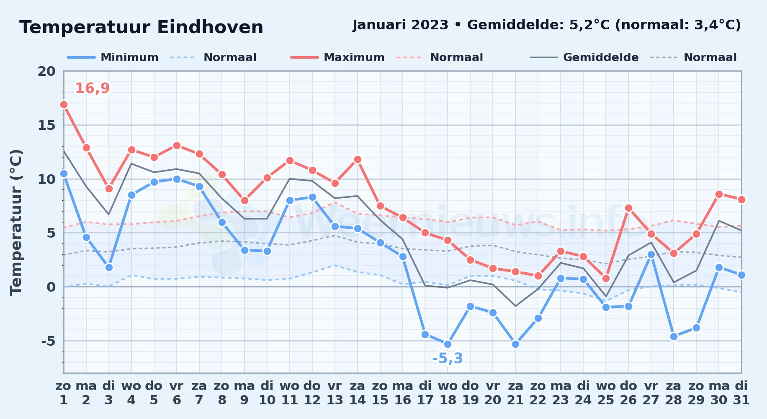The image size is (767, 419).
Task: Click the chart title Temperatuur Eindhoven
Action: tap(142, 27)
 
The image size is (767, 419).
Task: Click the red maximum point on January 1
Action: tap(64, 104)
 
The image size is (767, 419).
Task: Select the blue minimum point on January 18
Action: tap(448, 344)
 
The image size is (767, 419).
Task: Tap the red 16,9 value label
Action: tap(92, 88)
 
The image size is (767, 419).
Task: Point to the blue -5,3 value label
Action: tap(448, 359)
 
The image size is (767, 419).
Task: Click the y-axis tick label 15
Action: tap(46, 125)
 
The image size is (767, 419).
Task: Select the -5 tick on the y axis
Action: tap(48, 341)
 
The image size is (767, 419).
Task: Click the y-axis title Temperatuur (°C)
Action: tap(16, 222)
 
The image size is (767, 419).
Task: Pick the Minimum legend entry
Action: tap(113, 57)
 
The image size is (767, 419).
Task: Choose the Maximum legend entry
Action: tap(337, 57)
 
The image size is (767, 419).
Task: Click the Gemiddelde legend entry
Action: tap(584, 57)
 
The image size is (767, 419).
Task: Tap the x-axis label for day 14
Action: tap(357, 393)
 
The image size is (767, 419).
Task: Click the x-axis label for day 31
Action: tap(741, 393)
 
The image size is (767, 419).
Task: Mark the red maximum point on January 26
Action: tap(628, 208)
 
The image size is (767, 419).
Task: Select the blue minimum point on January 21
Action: tap(515, 344)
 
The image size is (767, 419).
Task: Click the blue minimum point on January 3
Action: tap(109, 267)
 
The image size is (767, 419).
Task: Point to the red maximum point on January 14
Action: tap(357, 159)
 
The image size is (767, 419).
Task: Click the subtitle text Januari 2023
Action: tap(400, 25)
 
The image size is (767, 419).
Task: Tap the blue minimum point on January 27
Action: tap(651, 254)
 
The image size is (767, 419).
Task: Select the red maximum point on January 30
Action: tap(719, 194)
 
